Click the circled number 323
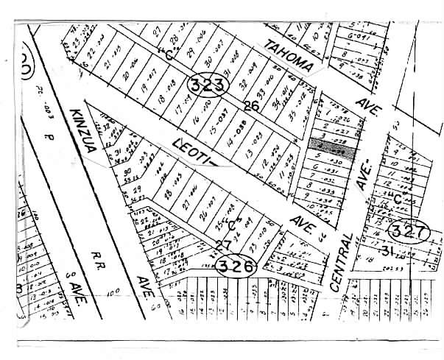point(207,85)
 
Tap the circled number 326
point(235,265)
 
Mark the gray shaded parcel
point(331,145)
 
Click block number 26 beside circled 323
point(251,107)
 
